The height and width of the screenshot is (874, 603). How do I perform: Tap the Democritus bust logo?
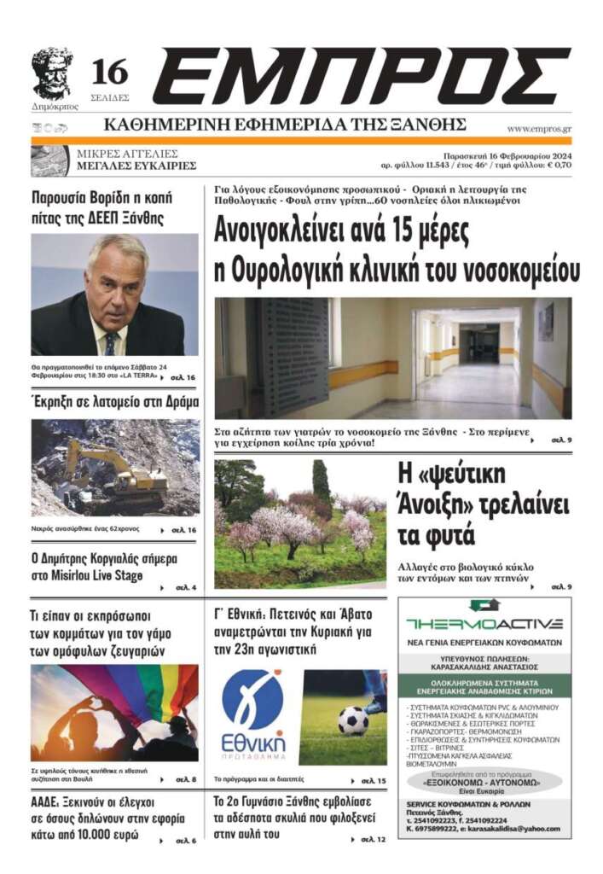tap(52, 73)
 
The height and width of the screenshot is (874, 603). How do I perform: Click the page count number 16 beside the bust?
tap(109, 73)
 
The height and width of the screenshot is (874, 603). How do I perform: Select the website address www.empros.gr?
tap(539, 129)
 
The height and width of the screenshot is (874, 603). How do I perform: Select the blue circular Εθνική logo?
tap(252, 699)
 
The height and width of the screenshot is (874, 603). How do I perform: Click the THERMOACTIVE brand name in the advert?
tap(484, 623)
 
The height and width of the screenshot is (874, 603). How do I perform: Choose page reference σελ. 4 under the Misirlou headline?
tap(187, 588)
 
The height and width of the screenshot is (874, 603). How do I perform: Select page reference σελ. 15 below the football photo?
tap(374, 781)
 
